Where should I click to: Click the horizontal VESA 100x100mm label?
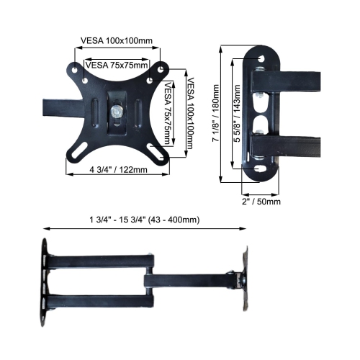[x=117, y=41]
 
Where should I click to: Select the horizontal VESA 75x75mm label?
[x=117, y=64]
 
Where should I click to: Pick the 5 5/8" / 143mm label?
[x=236, y=115]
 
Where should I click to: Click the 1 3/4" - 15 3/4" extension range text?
[x=144, y=219]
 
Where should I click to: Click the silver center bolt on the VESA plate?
[x=116, y=112]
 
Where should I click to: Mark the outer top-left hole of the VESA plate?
[x=74, y=69]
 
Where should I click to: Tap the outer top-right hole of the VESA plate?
[x=158, y=69]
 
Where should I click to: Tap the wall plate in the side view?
[x=47, y=278]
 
